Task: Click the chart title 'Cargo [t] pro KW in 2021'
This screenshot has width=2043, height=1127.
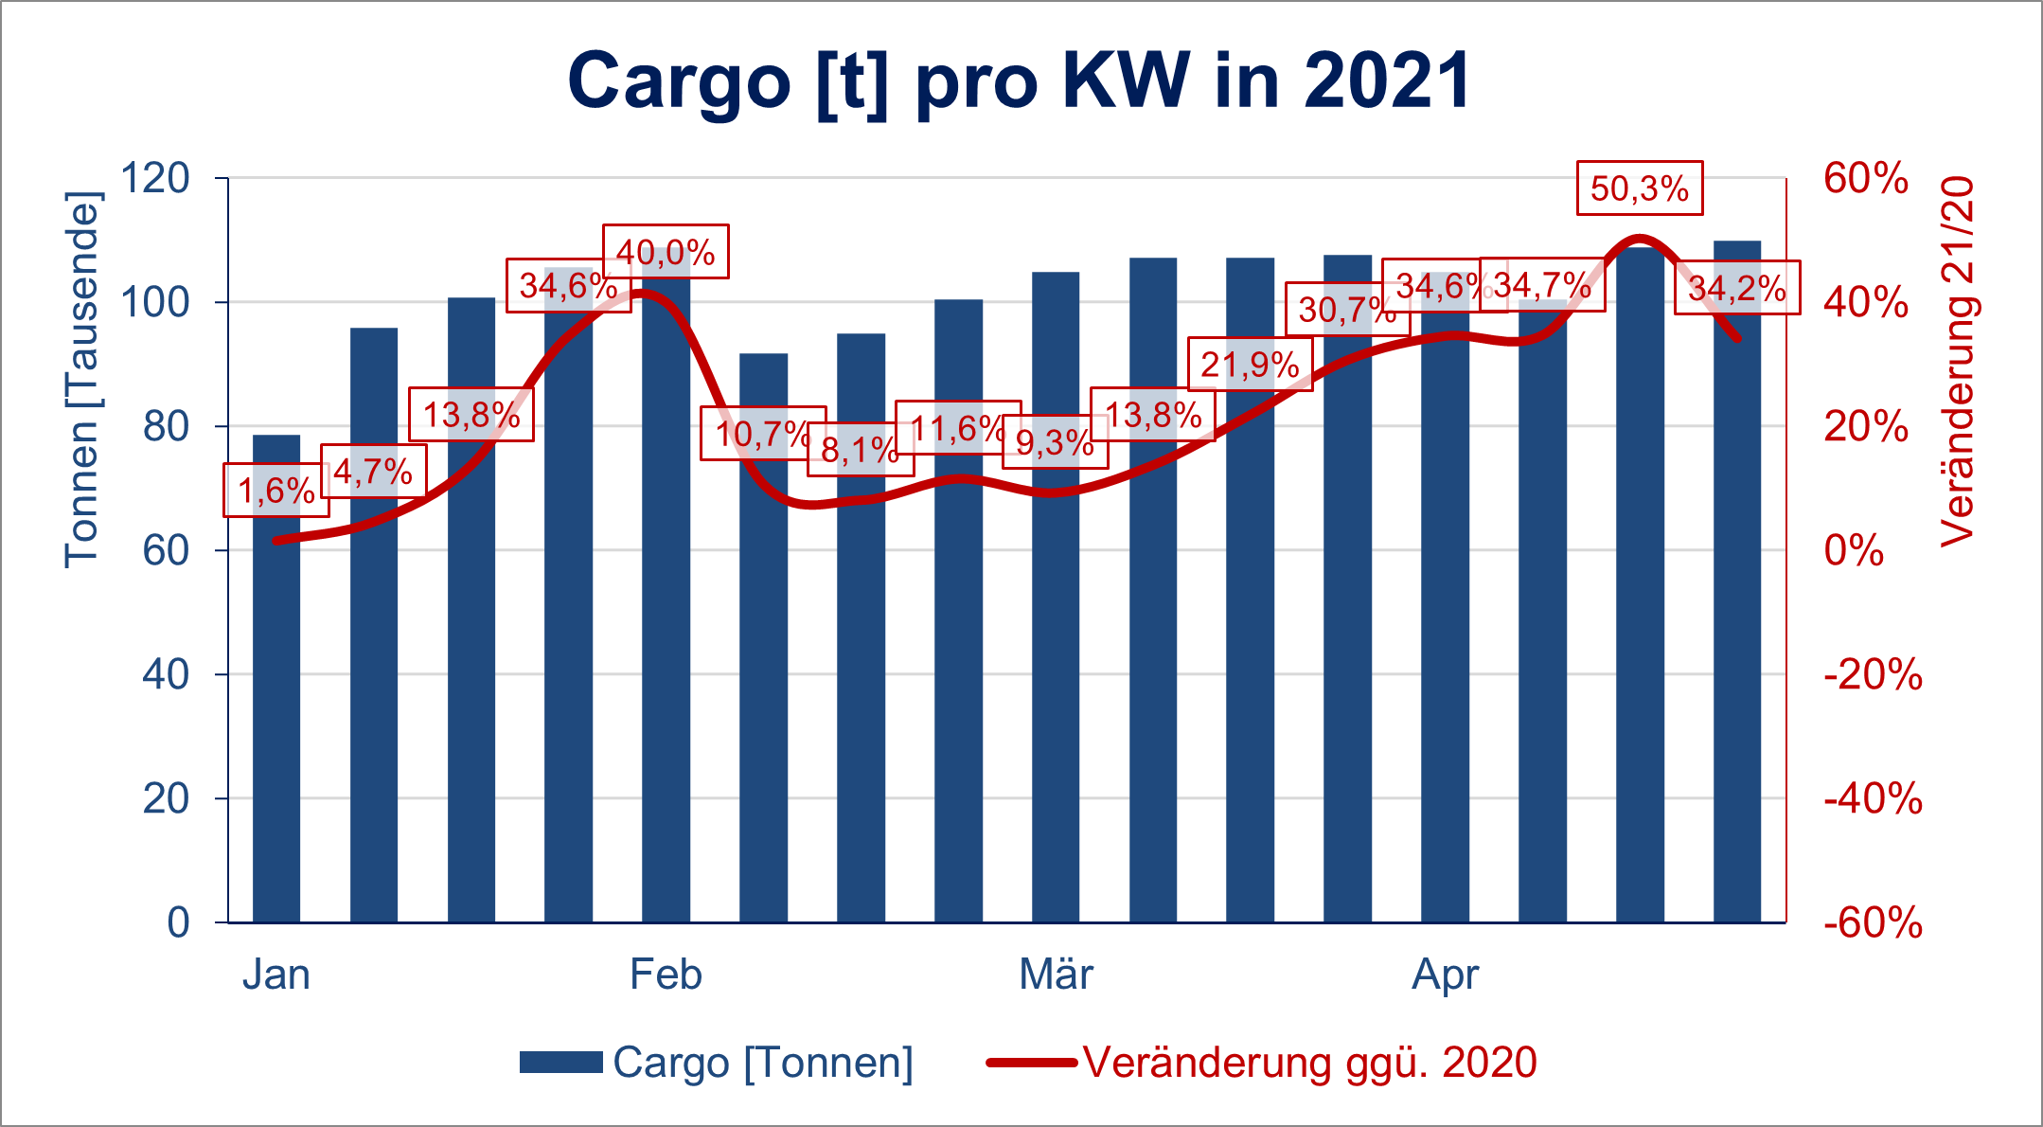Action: tap(1020, 81)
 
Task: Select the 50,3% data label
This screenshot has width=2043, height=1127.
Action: tap(1640, 188)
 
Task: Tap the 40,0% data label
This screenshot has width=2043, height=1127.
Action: tap(666, 252)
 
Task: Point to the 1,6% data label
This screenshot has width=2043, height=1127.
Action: tap(275, 491)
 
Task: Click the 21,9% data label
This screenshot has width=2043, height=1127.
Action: tap(1250, 365)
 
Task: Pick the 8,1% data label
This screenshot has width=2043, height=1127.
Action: tap(860, 450)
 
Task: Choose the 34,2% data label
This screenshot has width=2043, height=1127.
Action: tap(1736, 288)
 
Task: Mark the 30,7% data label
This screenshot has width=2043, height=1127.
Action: tap(1347, 309)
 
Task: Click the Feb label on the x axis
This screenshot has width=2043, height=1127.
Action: tap(666, 975)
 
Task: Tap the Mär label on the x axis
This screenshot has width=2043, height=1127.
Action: tap(1056, 975)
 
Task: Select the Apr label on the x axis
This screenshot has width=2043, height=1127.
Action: tap(1445, 975)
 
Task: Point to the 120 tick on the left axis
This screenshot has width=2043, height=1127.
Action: tap(155, 178)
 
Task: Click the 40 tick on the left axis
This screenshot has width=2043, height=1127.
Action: tap(166, 674)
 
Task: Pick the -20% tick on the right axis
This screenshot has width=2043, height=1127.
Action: tap(1873, 675)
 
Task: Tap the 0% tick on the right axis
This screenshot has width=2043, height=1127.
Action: tap(1854, 551)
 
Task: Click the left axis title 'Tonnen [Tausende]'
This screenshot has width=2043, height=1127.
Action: tap(81, 379)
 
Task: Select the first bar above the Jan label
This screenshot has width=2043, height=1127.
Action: tap(276, 678)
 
